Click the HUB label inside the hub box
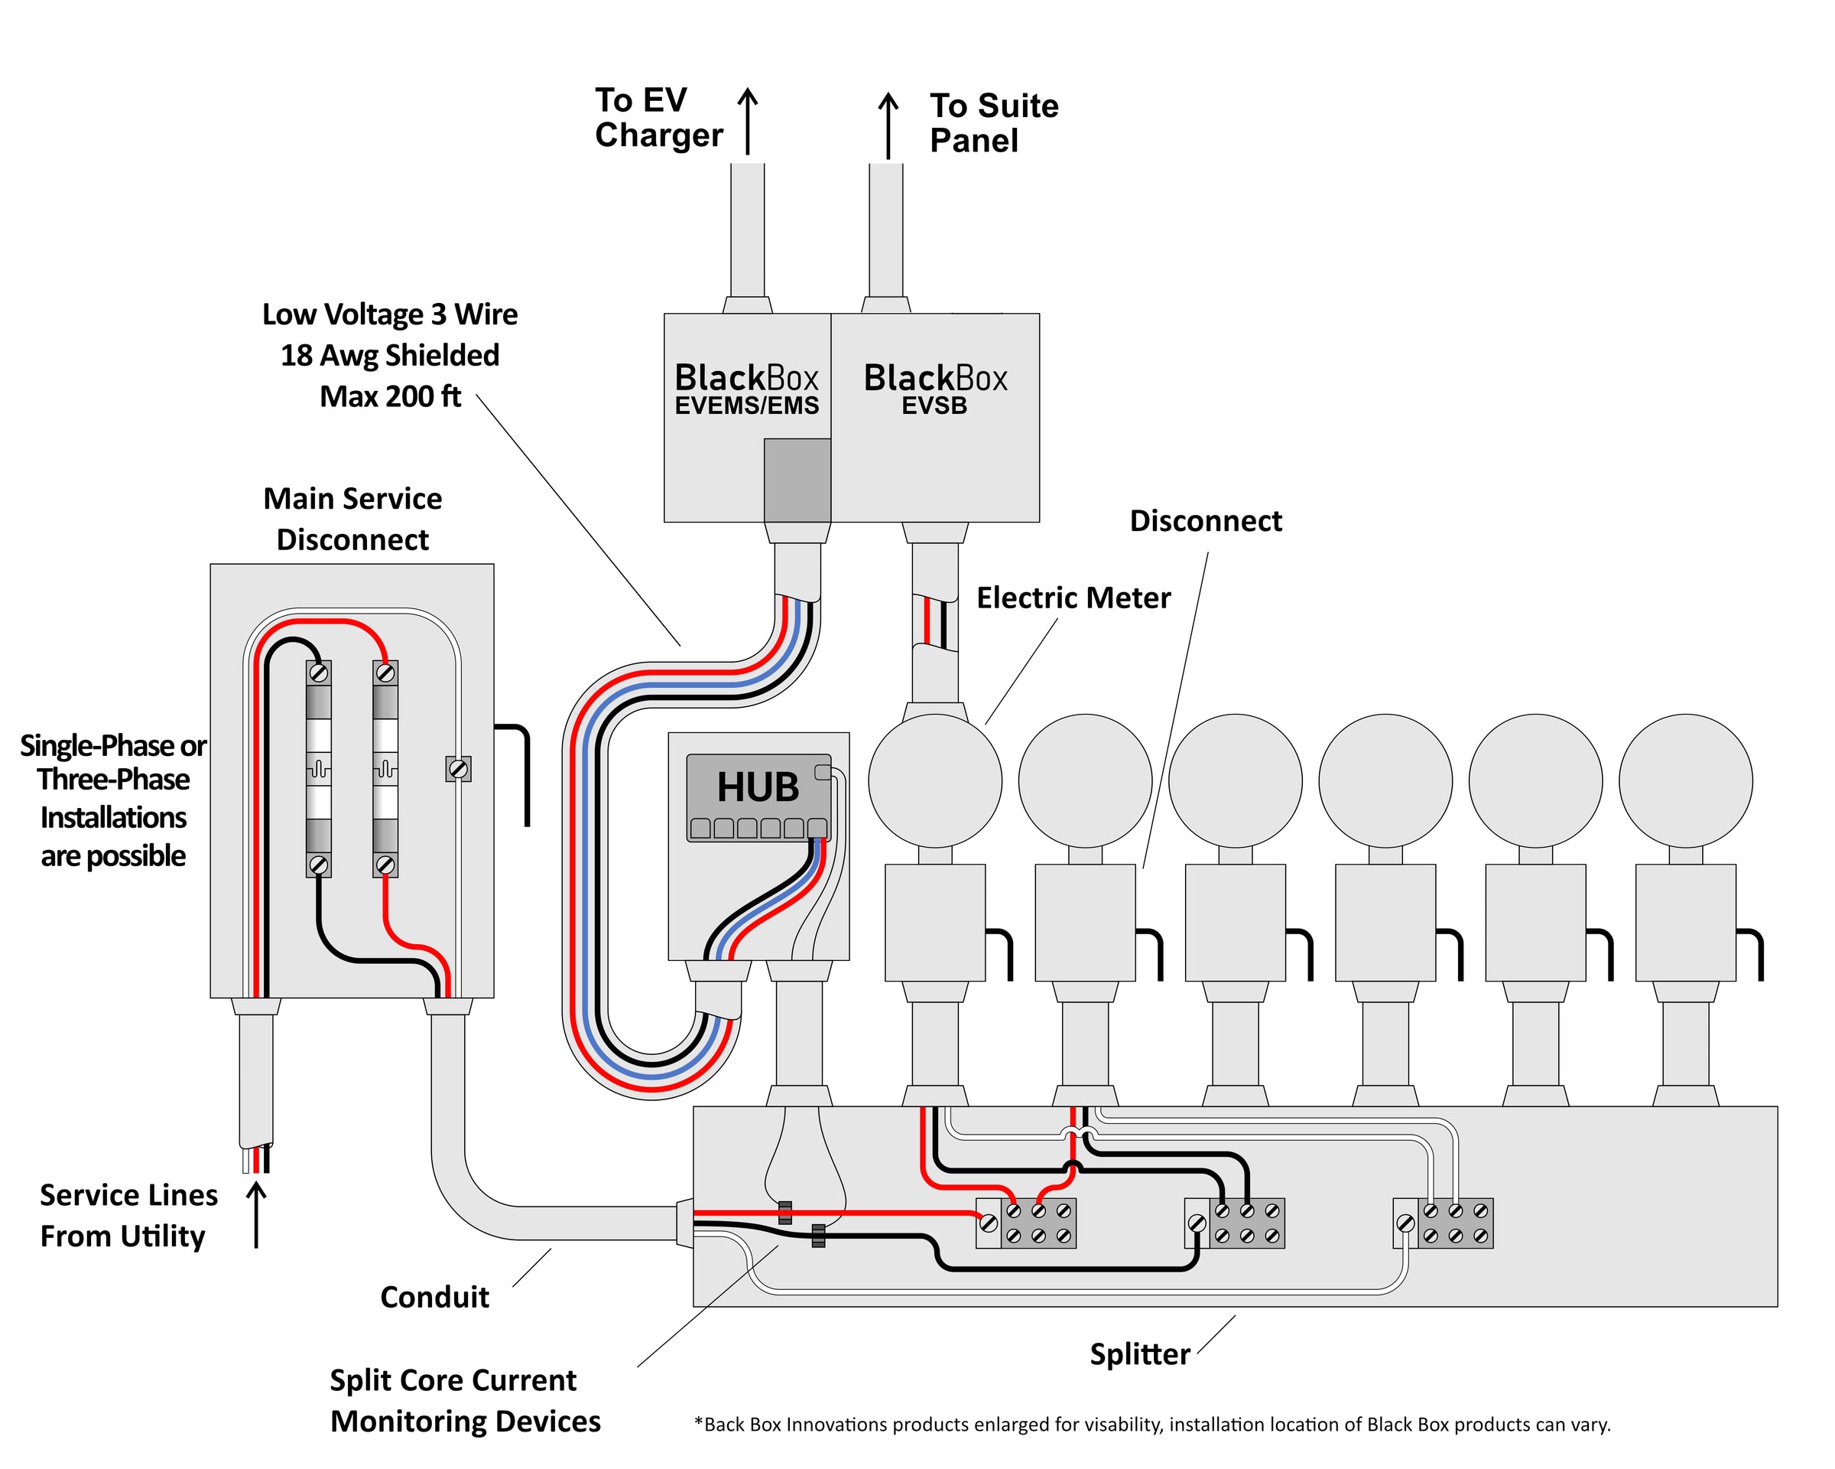coord(758,787)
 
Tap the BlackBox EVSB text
coord(934,389)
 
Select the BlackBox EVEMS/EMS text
coord(746,389)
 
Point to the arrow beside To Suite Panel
coord(888,125)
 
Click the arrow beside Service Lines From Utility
coord(256,1213)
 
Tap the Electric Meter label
coord(1073,598)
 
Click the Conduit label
coord(434,1297)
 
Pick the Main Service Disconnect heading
coord(352,519)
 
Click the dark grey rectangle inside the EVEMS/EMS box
coord(797,480)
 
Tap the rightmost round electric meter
coord(1685,780)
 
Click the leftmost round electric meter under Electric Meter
coord(934,780)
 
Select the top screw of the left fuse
coord(318,673)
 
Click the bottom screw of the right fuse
coord(385,865)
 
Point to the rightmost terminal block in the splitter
coord(1444,1223)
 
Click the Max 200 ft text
coord(390,397)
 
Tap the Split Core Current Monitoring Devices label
coord(465,1401)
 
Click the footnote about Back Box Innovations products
coord(1151,1425)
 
